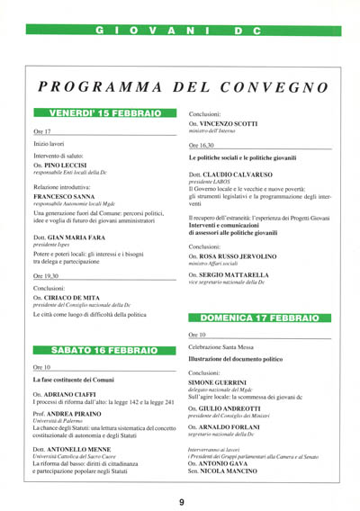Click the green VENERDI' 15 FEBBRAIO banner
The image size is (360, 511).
coord(104,113)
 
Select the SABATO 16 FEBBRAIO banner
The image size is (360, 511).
coord(104,349)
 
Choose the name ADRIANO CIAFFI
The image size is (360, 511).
coord(76,394)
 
